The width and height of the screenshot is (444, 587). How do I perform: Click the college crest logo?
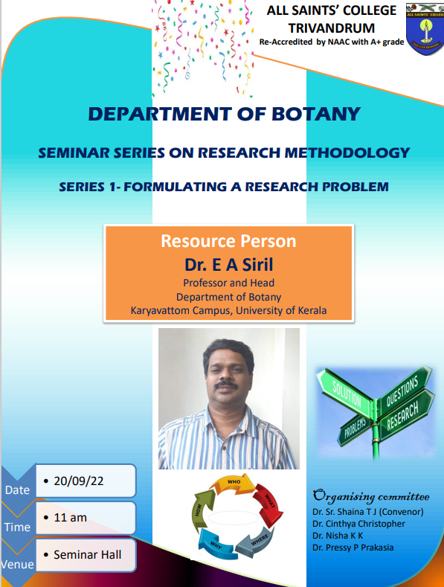(x=425, y=29)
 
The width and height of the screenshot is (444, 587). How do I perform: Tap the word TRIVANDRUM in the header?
(x=331, y=28)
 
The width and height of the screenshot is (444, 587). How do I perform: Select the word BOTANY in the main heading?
(x=315, y=114)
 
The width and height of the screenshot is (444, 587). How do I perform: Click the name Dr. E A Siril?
(x=229, y=265)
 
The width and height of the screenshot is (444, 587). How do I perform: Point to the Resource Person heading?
(x=228, y=241)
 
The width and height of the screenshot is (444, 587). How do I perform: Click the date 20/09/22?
(x=79, y=481)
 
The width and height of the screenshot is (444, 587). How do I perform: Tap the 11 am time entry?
(x=71, y=518)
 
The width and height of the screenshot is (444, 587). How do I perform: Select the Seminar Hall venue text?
(x=88, y=554)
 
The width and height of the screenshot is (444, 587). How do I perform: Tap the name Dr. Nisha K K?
(x=338, y=536)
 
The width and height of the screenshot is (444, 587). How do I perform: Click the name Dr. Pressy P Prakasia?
(x=353, y=548)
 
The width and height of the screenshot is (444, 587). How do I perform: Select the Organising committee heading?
(x=370, y=496)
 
